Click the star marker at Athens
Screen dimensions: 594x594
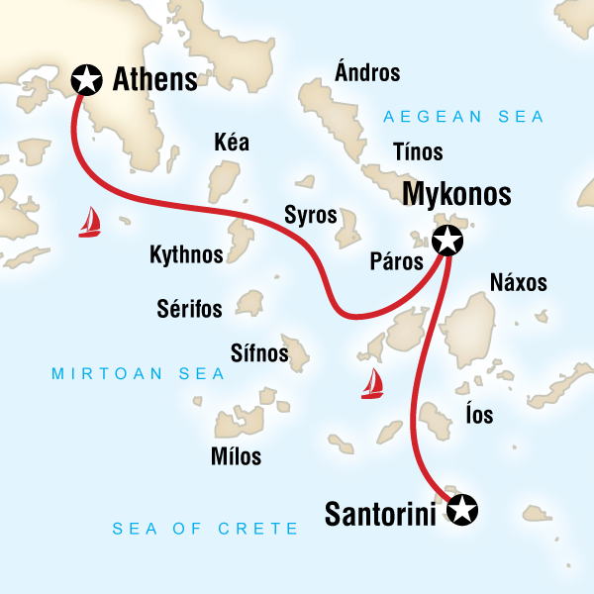tap(88, 78)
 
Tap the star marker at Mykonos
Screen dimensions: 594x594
tap(447, 239)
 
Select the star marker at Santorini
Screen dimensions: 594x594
tap(461, 511)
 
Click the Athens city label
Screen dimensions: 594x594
tap(156, 79)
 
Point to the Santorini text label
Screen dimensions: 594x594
tap(381, 513)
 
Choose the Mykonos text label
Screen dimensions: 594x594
tap(456, 193)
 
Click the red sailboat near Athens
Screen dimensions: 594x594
tap(90, 223)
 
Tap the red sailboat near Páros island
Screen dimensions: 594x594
tap(372, 383)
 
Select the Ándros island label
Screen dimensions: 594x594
tap(367, 72)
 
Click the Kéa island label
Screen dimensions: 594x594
tap(232, 144)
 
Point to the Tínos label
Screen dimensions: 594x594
tap(418, 152)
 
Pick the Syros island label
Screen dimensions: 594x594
tap(311, 215)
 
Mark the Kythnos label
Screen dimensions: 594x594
tap(186, 254)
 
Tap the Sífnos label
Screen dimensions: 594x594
tap(259, 352)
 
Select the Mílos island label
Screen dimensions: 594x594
tap(237, 456)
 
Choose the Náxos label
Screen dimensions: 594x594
tap(518, 282)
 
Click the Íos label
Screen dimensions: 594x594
tap(478, 415)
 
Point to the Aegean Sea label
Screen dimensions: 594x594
tap(464, 117)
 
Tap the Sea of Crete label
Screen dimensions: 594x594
tap(206, 529)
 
